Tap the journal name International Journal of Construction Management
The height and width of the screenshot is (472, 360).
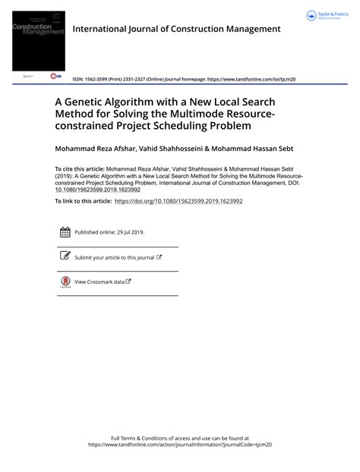[x=176, y=29]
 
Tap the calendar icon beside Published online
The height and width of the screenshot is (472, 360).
[x=65, y=233]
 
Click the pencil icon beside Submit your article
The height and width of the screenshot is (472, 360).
[x=65, y=257]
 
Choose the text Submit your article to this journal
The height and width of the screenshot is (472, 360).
[x=115, y=258]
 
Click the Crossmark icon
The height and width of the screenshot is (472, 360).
[x=65, y=282]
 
